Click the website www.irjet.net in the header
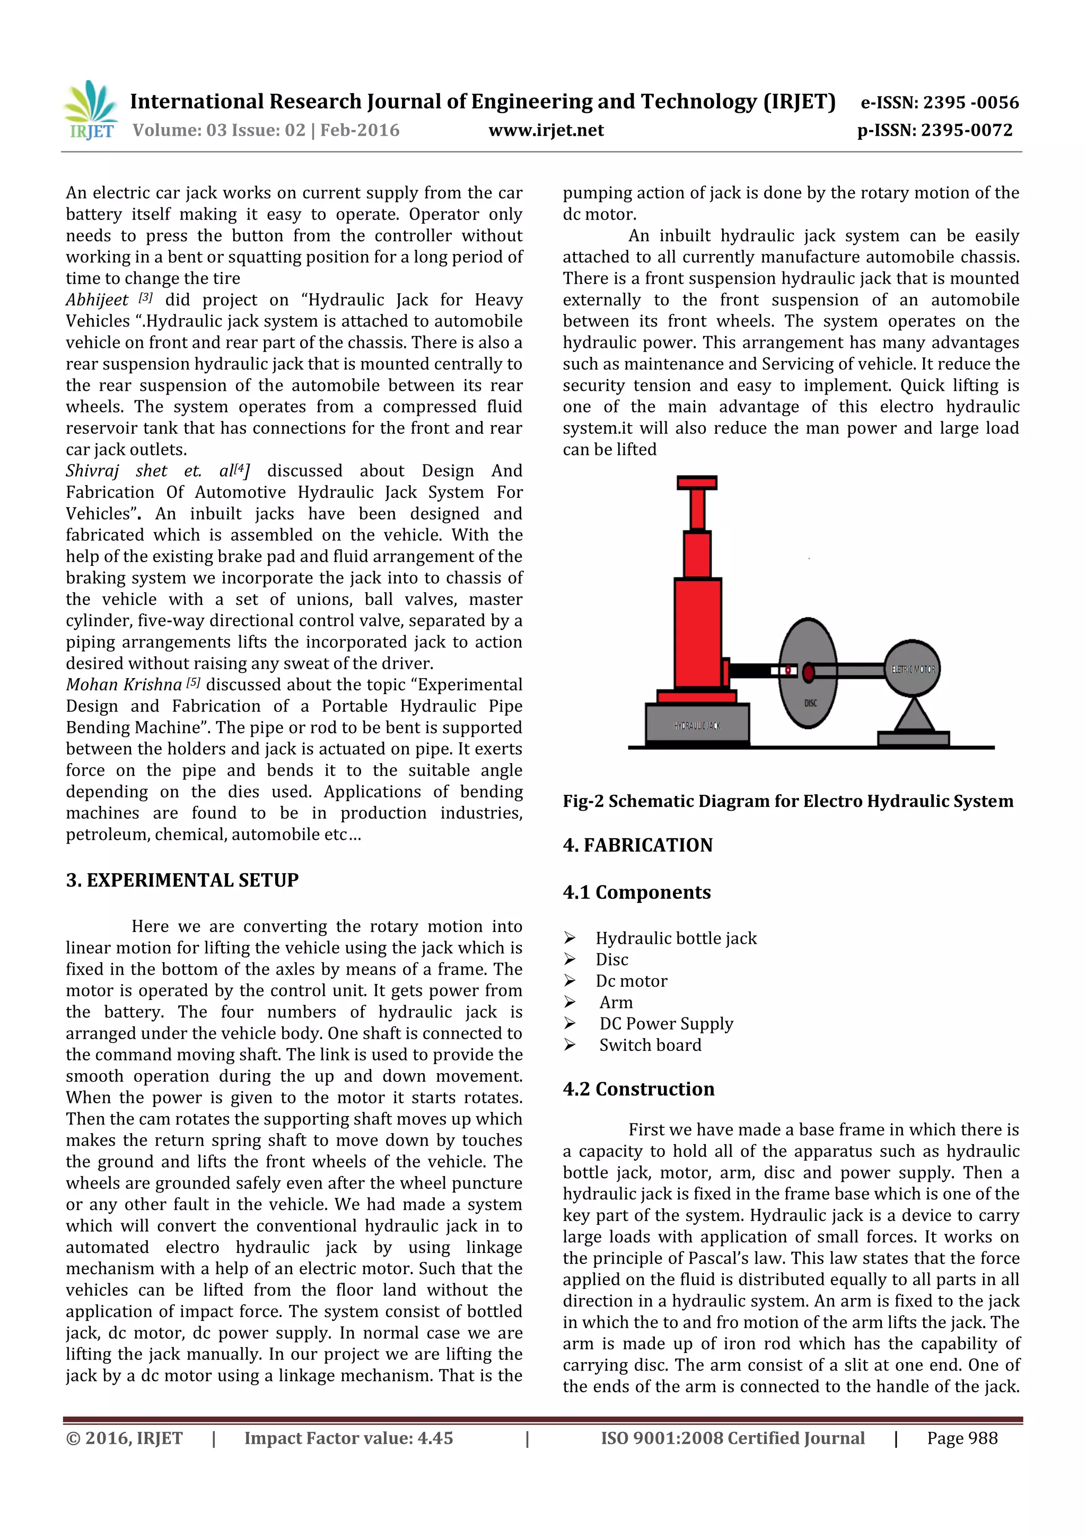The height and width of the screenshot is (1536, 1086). click(x=546, y=130)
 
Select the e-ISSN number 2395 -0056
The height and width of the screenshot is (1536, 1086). click(x=970, y=102)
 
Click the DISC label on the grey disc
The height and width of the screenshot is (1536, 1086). click(x=810, y=703)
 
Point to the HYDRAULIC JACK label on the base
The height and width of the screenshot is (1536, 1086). click(x=697, y=725)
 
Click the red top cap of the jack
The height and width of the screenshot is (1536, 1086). click(x=697, y=482)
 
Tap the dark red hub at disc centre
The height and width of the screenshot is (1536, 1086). click(x=808, y=671)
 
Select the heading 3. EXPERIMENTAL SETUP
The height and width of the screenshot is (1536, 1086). click(x=182, y=880)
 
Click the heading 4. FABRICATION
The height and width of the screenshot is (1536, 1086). click(x=638, y=845)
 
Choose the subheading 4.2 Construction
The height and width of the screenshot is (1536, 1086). click(x=638, y=1089)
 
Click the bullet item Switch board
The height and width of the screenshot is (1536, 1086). click(x=650, y=1045)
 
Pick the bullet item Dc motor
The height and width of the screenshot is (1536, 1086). click(x=631, y=981)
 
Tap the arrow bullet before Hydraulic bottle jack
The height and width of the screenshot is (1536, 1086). click(x=570, y=938)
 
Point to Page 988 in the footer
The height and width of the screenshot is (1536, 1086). click(x=961, y=1438)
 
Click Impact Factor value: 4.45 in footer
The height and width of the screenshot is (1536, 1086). click(x=348, y=1438)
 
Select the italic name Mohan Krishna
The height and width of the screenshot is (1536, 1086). click(x=124, y=684)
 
